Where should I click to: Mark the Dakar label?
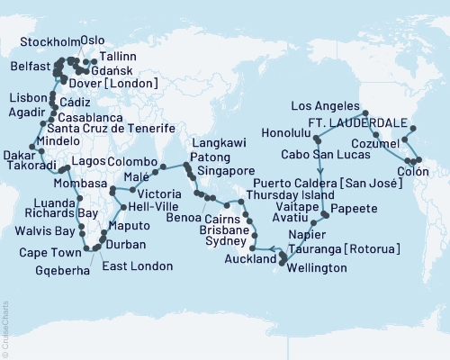pos(19,155)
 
